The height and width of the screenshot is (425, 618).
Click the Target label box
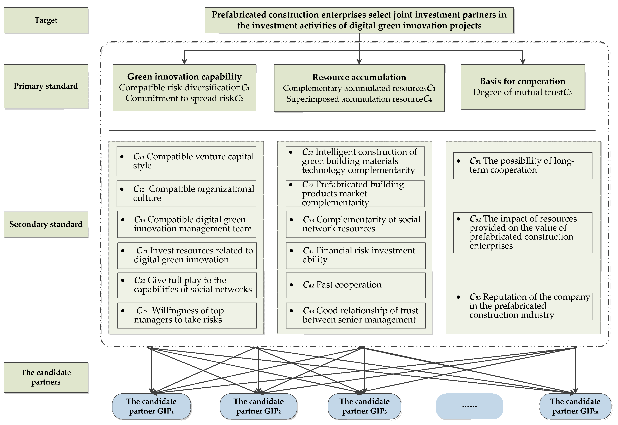point(46,20)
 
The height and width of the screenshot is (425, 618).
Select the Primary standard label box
point(46,86)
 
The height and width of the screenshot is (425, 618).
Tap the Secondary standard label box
point(46,224)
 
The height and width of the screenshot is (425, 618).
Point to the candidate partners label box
point(46,377)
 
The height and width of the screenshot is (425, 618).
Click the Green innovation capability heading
point(184,77)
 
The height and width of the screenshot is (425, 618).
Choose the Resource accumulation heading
point(359,77)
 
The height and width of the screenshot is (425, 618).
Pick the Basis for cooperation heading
point(523,81)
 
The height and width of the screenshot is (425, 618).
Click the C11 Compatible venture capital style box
point(186,161)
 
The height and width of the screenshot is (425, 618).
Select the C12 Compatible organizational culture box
point(186,194)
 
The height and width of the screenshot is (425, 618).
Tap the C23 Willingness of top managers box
point(187,315)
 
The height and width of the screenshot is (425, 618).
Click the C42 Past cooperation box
point(356,285)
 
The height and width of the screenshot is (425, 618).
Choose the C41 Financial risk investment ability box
point(356,255)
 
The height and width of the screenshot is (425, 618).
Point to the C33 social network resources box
point(356,224)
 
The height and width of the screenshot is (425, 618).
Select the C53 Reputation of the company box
point(523,306)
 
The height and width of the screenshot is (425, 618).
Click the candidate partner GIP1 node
point(151,406)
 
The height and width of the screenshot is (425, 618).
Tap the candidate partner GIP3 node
point(364,406)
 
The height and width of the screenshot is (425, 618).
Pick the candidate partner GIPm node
point(575,406)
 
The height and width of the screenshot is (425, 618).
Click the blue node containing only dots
point(469,406)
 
